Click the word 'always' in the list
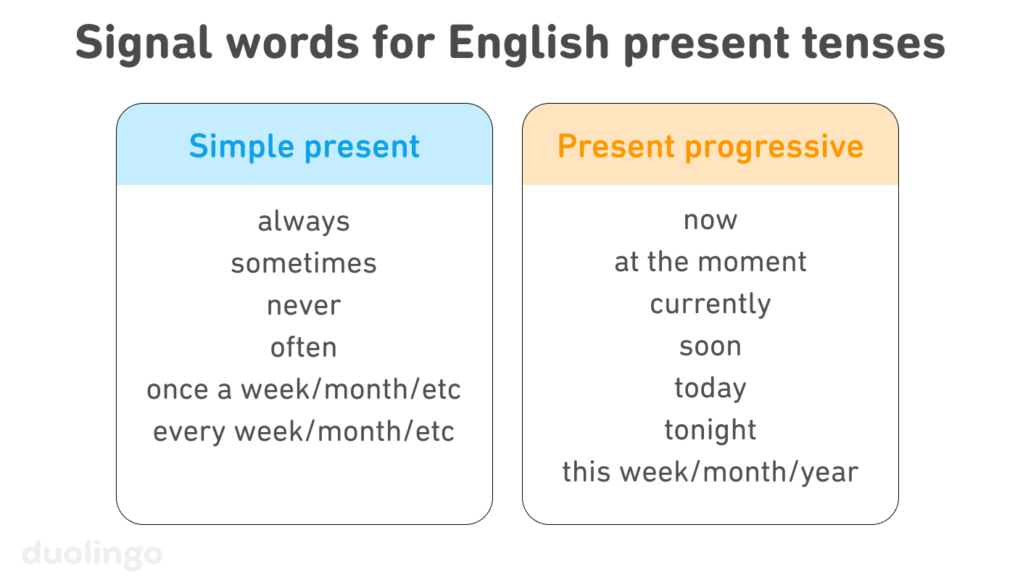tap(304, 221)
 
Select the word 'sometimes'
tap(304, 263)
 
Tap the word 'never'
tap(304, 306)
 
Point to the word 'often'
tap(304, 347)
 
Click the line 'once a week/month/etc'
tap(304, 390)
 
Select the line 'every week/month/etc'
tap(304, 432)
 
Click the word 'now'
tap(710, 220)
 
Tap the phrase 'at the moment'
tap(710, 262)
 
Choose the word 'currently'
tap(710, 304)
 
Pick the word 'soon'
tap(710, 347)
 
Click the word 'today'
tap(710, 389)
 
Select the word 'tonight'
tap(710, 431)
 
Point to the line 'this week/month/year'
tap(710, 473)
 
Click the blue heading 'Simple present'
tap(304, 147)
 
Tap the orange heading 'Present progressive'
tap(710, 147)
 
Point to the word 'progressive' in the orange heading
tap(774, 147)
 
